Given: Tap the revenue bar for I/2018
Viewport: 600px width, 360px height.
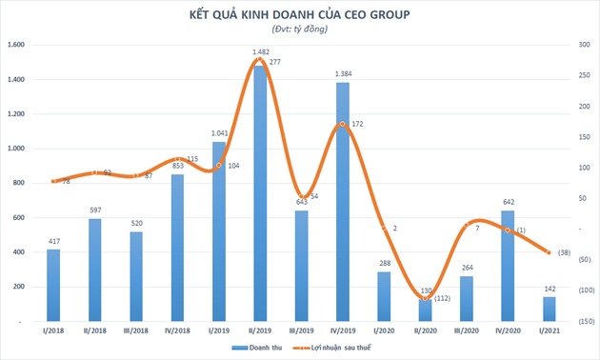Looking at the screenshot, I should (x=53, y=286).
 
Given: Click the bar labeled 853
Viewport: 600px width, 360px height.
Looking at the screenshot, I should (x=177, y=248).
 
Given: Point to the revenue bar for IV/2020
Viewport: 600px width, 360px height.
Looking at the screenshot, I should (x=507, y=266).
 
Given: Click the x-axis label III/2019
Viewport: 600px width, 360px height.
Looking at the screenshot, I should (x=300, y=330).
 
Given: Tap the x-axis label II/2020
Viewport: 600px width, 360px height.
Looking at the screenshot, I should (x=424, y=330).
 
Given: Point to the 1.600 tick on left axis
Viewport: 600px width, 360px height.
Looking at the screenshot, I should (x=16, y=45).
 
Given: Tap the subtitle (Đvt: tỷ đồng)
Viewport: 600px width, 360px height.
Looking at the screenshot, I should (x=300, y=30).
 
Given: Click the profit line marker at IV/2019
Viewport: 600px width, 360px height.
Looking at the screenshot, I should (x=341, y=124).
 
